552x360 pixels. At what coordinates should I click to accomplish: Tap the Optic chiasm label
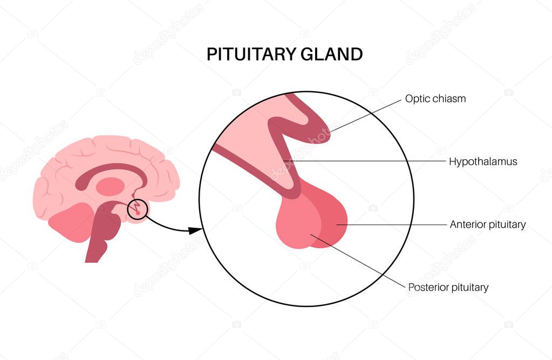pyautogui.click(x=435, y=99)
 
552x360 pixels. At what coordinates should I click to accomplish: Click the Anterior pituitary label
pyautogui.click(x=488, y=225)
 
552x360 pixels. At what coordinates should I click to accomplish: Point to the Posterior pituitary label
pyautogui.click(x=448, y=287)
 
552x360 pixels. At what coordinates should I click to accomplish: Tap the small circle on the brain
pyautogui.click(x=137, y=209)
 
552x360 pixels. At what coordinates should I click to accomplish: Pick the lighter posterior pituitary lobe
pyautogui.click(x=297, y=227)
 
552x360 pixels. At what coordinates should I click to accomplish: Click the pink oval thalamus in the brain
pyautogui.click(x=110, y=187)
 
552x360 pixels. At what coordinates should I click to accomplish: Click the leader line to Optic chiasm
pyautogui.click(x=367, y=114)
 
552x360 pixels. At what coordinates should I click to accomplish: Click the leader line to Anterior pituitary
pyautogui.click(x=394, y=225)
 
